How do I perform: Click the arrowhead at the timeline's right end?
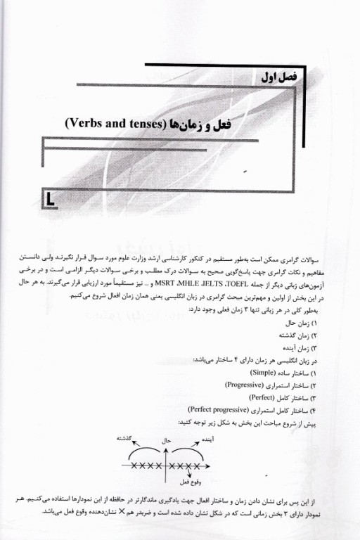[216, 465]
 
